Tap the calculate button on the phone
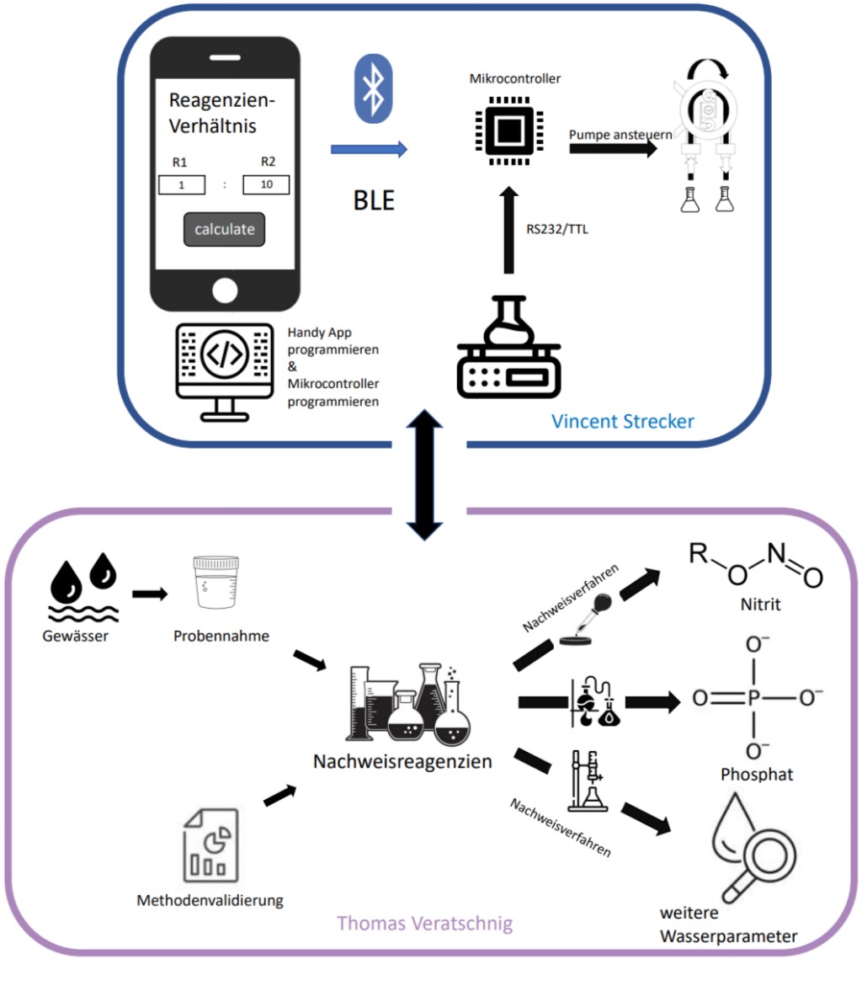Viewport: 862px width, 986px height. (x=224, y=229)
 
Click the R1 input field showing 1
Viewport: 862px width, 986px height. (x=182, y=185)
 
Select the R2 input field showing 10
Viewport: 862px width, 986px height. (x=265, y=185)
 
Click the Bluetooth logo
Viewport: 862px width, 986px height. (x=374, y=89)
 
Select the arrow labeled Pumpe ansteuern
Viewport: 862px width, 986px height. (x=613, y=148)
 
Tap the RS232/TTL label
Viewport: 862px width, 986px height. (x=556, y=227)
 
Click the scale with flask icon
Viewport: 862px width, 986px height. (x=508, y=349)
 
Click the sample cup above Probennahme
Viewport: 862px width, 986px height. (x=210, y=583)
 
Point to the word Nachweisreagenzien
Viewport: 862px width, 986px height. (x=402, y=761)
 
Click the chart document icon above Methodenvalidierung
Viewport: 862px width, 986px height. (x=210, y=844)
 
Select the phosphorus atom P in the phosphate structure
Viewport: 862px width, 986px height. (x=754, y=698)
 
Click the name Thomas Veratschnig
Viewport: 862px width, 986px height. (x=424, y=923)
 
